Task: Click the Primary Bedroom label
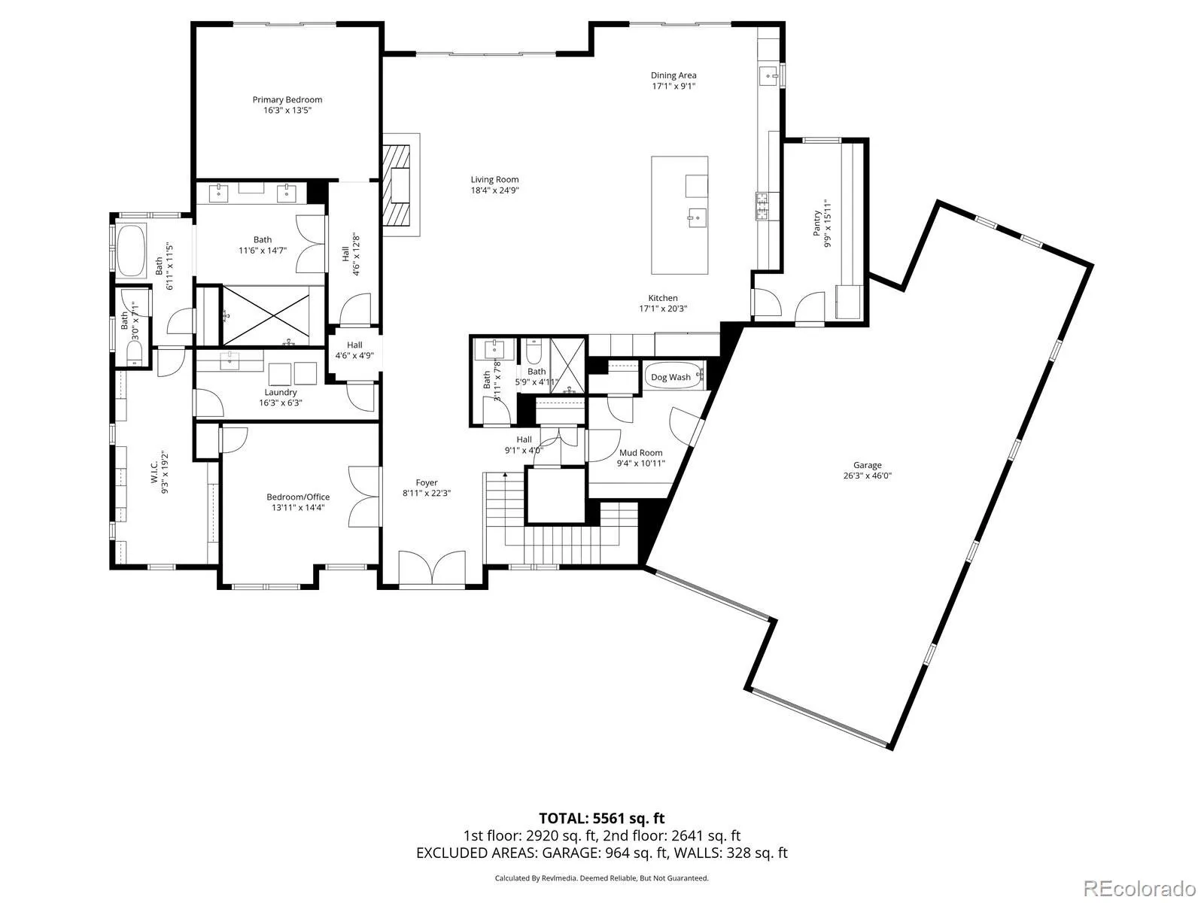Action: coord(287,99)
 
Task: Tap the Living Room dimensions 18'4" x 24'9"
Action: coord(494,190)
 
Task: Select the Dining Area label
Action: coord(673,75)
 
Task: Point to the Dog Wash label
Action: coord(670,377)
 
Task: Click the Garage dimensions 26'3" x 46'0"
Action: coord(867,476)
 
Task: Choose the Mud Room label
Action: coord(640,452)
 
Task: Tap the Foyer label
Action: coord(426,482)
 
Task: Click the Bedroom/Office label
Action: coord(298,497)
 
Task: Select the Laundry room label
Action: coord(280,392)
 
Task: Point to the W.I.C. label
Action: coord(154,472)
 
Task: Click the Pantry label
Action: coord(816,223)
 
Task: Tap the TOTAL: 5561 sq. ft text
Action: coord(601,818)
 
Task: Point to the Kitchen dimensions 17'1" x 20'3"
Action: coord(663,309)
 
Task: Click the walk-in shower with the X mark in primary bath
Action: coord(266,316)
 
